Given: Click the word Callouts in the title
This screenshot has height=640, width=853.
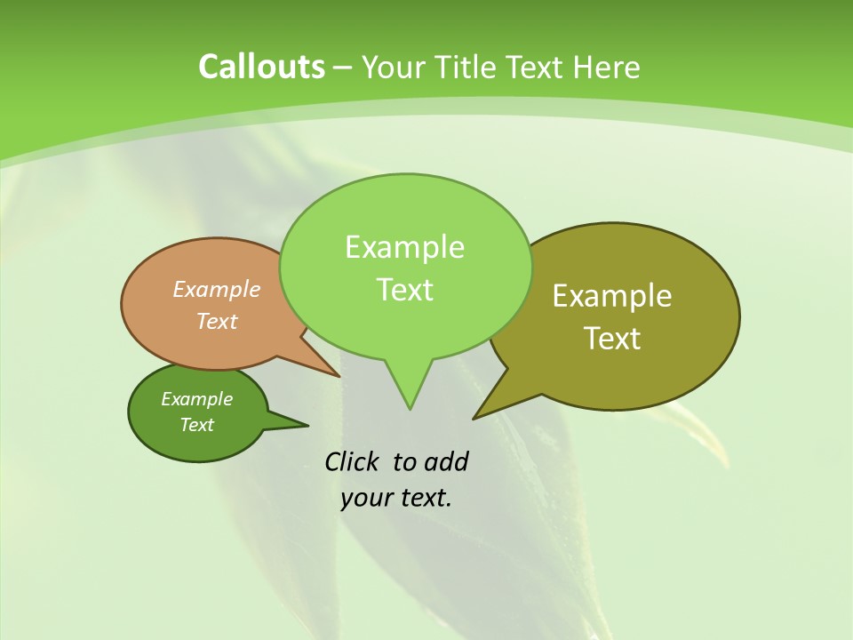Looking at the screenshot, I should [x=261, y=67].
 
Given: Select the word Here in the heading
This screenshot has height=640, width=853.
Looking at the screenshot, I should [x=606, y=67].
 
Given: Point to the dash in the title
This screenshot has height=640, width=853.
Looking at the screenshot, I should [x=343, y=68].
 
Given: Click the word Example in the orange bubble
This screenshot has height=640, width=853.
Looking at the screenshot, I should [x=217, y=290].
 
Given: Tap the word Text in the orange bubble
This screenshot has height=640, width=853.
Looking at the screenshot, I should [x=217, y=321].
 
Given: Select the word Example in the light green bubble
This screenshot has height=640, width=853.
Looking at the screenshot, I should [x=404, y=247].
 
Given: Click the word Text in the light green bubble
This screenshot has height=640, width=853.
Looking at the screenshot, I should [x=404, y=290].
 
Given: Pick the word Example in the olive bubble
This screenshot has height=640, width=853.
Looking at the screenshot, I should [x=612, y=296].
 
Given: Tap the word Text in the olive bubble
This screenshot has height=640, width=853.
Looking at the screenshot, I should [x=612, y=339].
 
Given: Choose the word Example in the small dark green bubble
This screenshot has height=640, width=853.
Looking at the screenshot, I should [x=196, y=399].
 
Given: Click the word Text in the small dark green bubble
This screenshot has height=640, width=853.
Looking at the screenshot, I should [x=196, y=425].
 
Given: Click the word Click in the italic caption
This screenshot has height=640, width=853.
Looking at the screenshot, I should [x=354, y=461].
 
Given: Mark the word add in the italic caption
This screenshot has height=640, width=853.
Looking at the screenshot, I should [x=445, y=461].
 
